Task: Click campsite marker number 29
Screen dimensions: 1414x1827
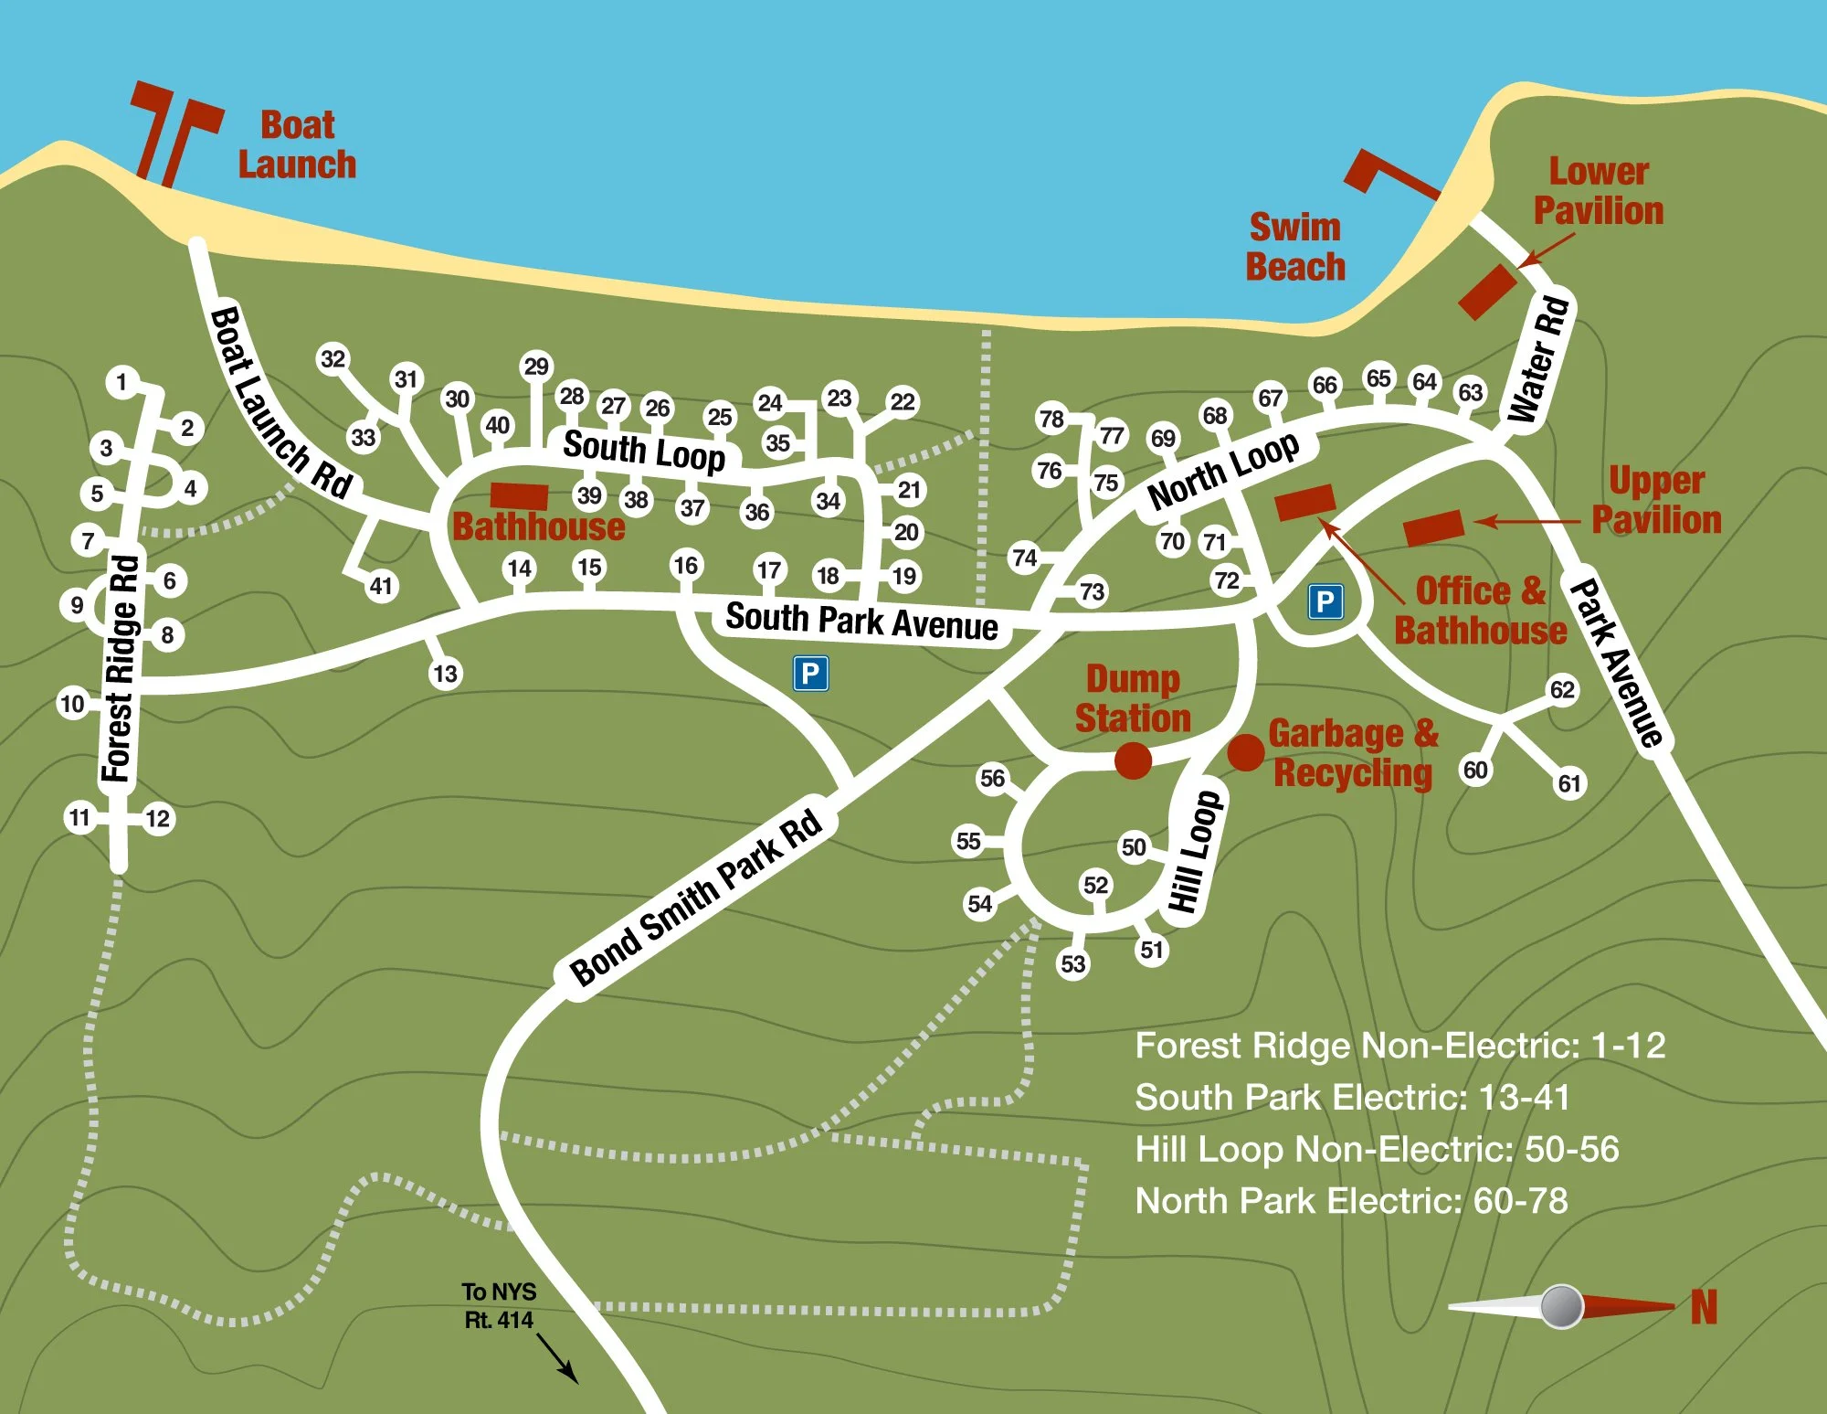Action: click(x=536, y=367)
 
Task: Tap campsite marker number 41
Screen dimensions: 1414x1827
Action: click(x=381, y=586)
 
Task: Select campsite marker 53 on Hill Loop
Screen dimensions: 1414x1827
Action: click(x=1072, y=963)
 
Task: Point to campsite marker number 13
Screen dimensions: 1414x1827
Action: click(x=445, y=674)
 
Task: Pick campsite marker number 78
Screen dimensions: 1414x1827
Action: click(x=1051, y=419)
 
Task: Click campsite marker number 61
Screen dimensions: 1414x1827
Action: click(x=1569, y=783)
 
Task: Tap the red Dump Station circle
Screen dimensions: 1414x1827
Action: click(x=1133, y=760)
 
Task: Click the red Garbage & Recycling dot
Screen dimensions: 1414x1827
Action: click(x=1246, y=752)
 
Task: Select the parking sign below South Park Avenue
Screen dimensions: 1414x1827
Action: click(x=810, y=674)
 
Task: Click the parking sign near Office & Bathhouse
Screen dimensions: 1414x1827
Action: click(x=1325, y=601)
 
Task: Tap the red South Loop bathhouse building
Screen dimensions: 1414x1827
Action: click(x=519, y=496)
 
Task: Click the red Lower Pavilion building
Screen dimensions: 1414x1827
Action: click(x=1487, y=292)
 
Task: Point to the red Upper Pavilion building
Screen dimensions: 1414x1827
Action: click(x=1433, y=528)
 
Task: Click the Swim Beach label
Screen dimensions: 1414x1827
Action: click(x=1295, y=247)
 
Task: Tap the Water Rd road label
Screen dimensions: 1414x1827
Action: click(x=1539, y=359)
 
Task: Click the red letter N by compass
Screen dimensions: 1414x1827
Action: click(x=1704, y=1307)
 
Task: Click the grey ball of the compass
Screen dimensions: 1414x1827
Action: click(x=1561, y=1306)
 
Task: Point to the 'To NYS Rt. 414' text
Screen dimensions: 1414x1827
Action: click(x=499, y=1305)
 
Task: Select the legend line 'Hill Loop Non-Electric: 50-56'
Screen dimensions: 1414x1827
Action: click(x=1376, y=1149)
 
